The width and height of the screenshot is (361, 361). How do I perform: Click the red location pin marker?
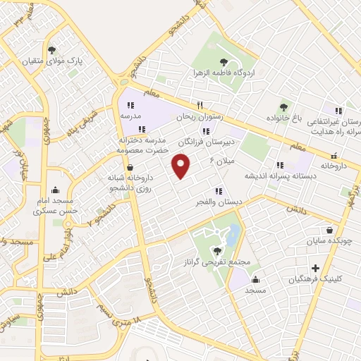(182, 166)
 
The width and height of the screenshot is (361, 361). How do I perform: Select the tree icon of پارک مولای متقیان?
(51, 49)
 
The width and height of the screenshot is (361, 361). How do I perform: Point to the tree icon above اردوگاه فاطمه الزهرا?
(224, 61)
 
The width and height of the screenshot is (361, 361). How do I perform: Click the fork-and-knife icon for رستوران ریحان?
(180, 105)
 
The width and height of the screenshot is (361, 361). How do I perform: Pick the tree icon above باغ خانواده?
(283, 107)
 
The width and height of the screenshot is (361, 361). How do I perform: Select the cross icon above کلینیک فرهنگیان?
(315, 268)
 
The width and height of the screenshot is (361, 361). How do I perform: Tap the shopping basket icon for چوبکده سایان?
(329, 230)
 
